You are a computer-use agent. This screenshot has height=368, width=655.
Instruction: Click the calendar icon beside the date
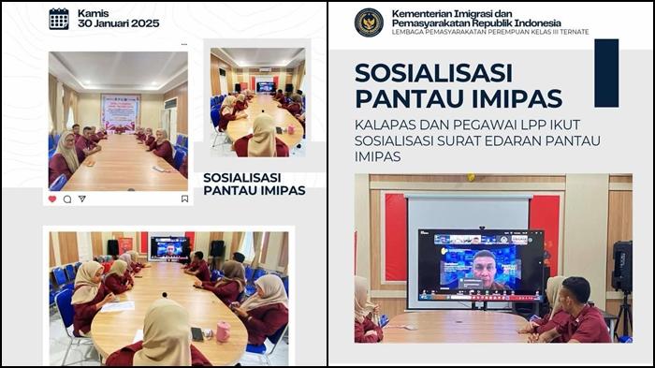59,18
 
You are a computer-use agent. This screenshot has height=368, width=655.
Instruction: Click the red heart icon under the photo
52,199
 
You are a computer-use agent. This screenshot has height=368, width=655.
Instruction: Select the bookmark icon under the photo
184,199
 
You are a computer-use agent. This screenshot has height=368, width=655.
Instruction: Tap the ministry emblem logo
369,22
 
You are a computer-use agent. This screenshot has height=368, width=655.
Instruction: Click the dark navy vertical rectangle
606,73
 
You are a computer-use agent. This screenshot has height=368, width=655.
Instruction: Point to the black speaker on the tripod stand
621,267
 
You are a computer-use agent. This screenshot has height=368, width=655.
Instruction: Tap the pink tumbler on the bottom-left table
224,331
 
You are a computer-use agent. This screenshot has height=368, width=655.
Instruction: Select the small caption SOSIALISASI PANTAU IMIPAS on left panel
254,183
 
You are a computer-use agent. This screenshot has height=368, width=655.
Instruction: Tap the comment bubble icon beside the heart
67,199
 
